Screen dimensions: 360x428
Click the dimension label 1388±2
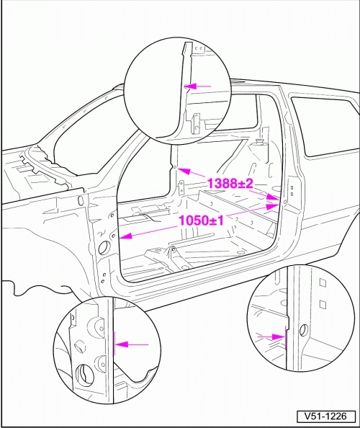[x=230, y=184]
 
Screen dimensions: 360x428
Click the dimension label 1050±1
[x=202, y=220]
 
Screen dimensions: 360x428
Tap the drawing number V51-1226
[x=326, y=416]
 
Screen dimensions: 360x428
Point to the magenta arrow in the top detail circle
[x=198, y=86]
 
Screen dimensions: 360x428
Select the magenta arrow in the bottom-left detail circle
[x=132, y=344]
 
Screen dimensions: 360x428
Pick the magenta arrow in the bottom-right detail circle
[x=271, y=337]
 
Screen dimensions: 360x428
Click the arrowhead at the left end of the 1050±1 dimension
[x=126, y=236]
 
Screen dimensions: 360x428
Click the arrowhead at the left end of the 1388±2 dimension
[x=184, y=171]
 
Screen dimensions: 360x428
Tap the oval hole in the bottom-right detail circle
[x=302, y=331]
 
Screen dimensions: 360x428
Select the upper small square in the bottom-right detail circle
[x=322, y=282]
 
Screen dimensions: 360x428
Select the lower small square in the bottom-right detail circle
[x=323, y=304]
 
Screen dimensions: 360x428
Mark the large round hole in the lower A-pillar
[x=104, y=247]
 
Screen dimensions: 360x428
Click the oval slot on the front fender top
[x=80, y=200]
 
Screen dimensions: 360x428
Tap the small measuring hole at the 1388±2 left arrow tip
[x=175, y=166]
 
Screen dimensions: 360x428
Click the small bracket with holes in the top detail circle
[x=196, y=123]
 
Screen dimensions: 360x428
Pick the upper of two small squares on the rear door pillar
[x=292, y=188]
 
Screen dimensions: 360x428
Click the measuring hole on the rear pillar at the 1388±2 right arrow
[x=285, y=202]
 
